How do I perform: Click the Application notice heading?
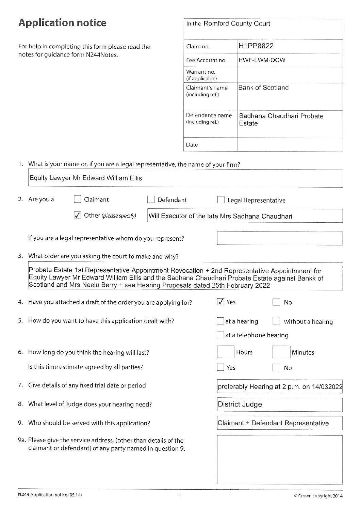(x=62, y=23)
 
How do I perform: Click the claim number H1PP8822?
(x=256, y=46)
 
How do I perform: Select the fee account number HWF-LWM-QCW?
(x=262, y=60)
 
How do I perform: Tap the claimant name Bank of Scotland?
(x=263, y=88)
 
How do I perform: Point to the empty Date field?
(x=290, y=145)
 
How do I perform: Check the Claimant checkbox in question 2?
(x=77, y=200)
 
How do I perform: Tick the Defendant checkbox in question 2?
(x=151, y=200)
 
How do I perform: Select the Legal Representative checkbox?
(x=220, y=200)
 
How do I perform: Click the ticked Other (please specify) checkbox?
(x=77, y=215)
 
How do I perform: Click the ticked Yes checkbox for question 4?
(x=220, y=302)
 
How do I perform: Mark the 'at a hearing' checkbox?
(x=220, y=321)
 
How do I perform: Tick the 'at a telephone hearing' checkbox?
(x=220, y=335)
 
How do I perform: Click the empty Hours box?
(x=226, y=352)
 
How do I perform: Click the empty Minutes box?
(x=281, y=352)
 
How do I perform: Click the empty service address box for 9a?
(x=279, y=459)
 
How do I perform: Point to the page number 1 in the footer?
(x=180, y=495)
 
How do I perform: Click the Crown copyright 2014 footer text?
(x=318, y=496)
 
